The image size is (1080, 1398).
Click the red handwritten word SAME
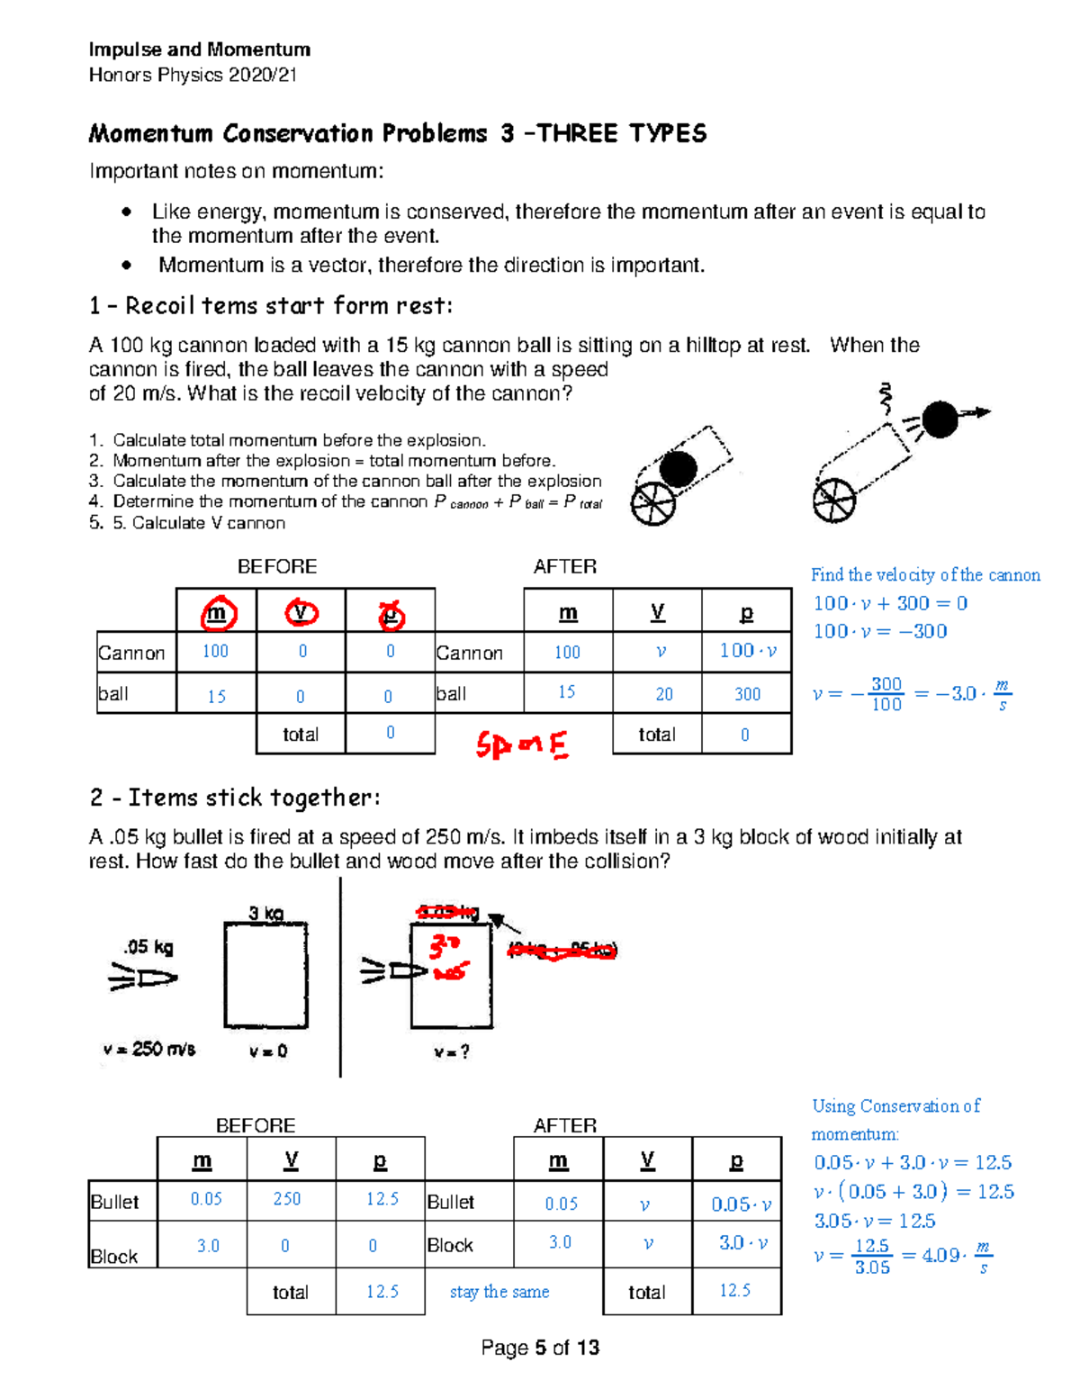522,745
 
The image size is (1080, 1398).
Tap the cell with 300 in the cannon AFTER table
747,694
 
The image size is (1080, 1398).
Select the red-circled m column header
216,614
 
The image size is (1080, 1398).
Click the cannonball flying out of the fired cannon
940,419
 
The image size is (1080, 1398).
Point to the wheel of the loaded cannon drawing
652,504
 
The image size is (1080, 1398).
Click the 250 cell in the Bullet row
287,1199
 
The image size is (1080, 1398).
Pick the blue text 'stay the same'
499,1292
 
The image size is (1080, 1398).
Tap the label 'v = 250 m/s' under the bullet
149,1050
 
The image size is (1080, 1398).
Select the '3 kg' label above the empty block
265,914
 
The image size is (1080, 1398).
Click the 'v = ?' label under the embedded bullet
451,1051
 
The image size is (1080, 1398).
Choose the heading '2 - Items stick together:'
235,798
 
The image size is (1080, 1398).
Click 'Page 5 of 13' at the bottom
540,1348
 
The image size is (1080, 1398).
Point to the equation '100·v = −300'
880,631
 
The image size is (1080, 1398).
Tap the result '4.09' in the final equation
940,1255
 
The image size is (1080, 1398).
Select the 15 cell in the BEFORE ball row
216,696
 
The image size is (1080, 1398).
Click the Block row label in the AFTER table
450,1245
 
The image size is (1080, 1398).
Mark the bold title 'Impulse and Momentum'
200,50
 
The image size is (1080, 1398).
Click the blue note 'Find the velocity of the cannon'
925,574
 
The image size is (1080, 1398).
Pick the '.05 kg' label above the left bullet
148,947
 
